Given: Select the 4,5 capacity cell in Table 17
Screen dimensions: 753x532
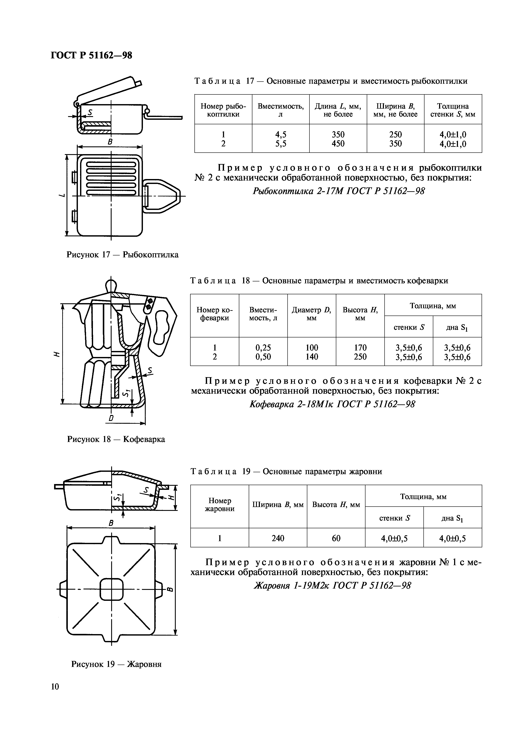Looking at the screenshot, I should (x=280, y=134).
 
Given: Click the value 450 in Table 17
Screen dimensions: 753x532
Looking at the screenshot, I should (x=338, y=144).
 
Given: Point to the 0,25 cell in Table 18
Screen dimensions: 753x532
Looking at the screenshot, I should (x=263, y=347).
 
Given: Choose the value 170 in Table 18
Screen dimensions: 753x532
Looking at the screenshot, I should (x=360, y=347).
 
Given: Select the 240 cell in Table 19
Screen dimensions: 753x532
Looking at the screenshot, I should (x=278, y=538).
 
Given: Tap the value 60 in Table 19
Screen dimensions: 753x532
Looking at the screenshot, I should (x=336, y=538).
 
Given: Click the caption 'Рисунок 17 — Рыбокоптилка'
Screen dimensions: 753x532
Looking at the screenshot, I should (x=123, y=255).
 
